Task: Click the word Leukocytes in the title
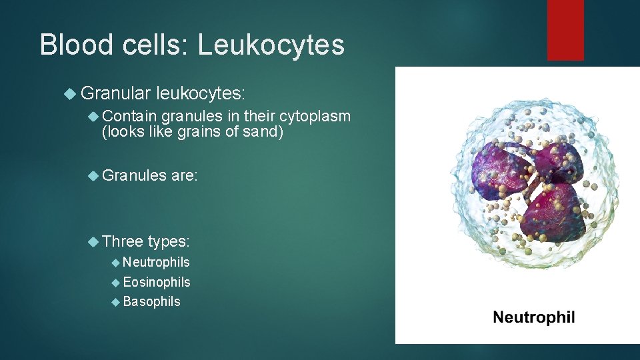click(x=271, y=45)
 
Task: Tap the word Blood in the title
click(x=75, y=45)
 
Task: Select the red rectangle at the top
click(x=565, y=30)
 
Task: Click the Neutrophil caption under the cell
click(x=533, y=317)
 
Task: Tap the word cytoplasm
click(x=317, y=117)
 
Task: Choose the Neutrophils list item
click(x=156, y=263)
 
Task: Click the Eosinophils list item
click(x=157, y=282)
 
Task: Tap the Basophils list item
click(x=151, y=301)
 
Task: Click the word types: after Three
click(x=169, y=241)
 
